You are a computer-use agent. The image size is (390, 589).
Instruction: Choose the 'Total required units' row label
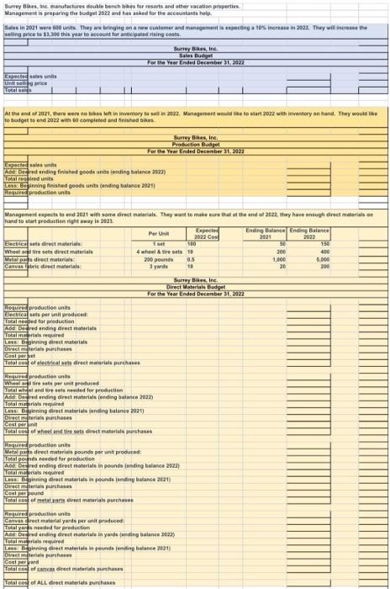tap(30, 179)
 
